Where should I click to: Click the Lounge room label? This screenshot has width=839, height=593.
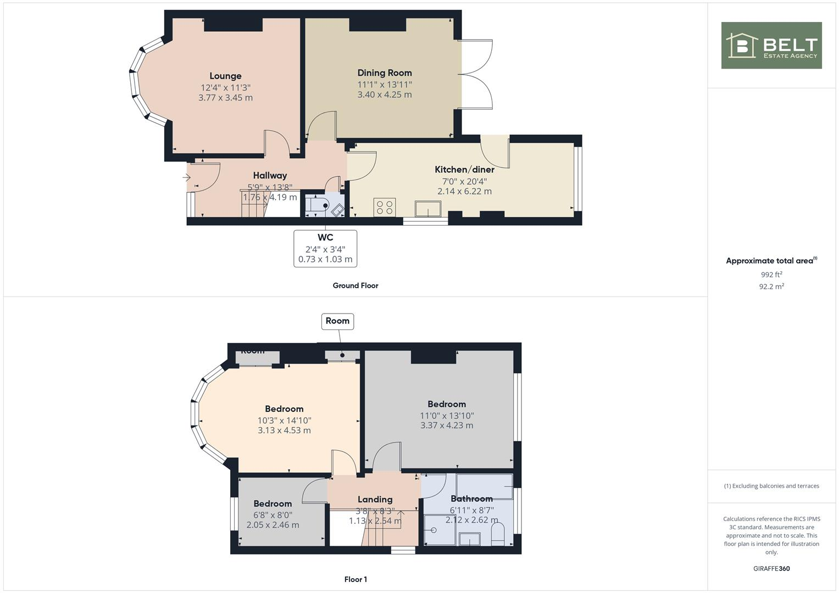tap(225, 76)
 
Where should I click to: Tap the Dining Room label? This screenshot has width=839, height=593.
tap(384, 72)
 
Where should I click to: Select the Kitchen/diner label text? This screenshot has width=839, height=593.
tap(464, 169)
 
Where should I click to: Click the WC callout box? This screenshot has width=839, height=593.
tap(325, 248)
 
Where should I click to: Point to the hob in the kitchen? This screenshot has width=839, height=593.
tap(384, 208)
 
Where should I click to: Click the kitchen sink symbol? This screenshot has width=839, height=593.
tap(428, 209)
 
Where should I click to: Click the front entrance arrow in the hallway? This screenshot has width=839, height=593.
tap(186, 177)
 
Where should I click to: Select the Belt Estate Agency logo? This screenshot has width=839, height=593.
tap(771, 46)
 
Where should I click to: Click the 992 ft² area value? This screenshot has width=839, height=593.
tap(771, 275)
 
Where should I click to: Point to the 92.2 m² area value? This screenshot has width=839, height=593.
tap(771, 286)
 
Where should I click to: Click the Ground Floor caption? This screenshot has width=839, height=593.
tap(355, 286)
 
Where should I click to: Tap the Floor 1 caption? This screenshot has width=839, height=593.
tap(355, 579)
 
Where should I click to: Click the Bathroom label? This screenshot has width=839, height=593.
tap(471, 499)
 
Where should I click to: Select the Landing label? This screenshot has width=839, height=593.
tap(375, 499)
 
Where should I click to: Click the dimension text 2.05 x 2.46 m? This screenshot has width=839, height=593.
tap(273, 525)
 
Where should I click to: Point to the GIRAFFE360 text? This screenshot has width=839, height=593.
tap(771, 568)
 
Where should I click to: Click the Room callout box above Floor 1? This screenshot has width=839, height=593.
tap(337, 321)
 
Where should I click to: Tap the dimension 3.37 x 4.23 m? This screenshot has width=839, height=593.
tap(447, 426)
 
